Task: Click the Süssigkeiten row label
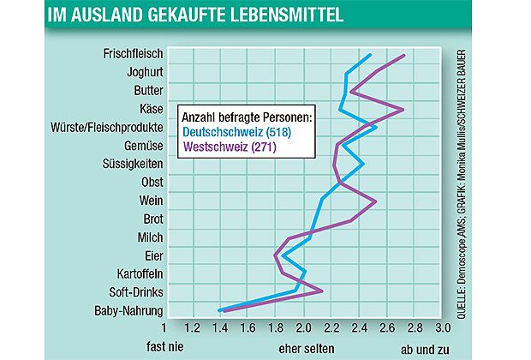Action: tap(128, 164)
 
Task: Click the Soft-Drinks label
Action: tap(129, 292)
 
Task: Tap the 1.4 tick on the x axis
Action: tap(220, 328)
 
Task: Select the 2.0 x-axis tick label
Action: tap(304, 328)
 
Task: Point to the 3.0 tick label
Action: tap(444, 328)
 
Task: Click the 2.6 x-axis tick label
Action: tap(388, 328)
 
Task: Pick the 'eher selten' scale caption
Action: tap(304, 348)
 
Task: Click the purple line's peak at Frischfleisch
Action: tap(404, 55)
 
